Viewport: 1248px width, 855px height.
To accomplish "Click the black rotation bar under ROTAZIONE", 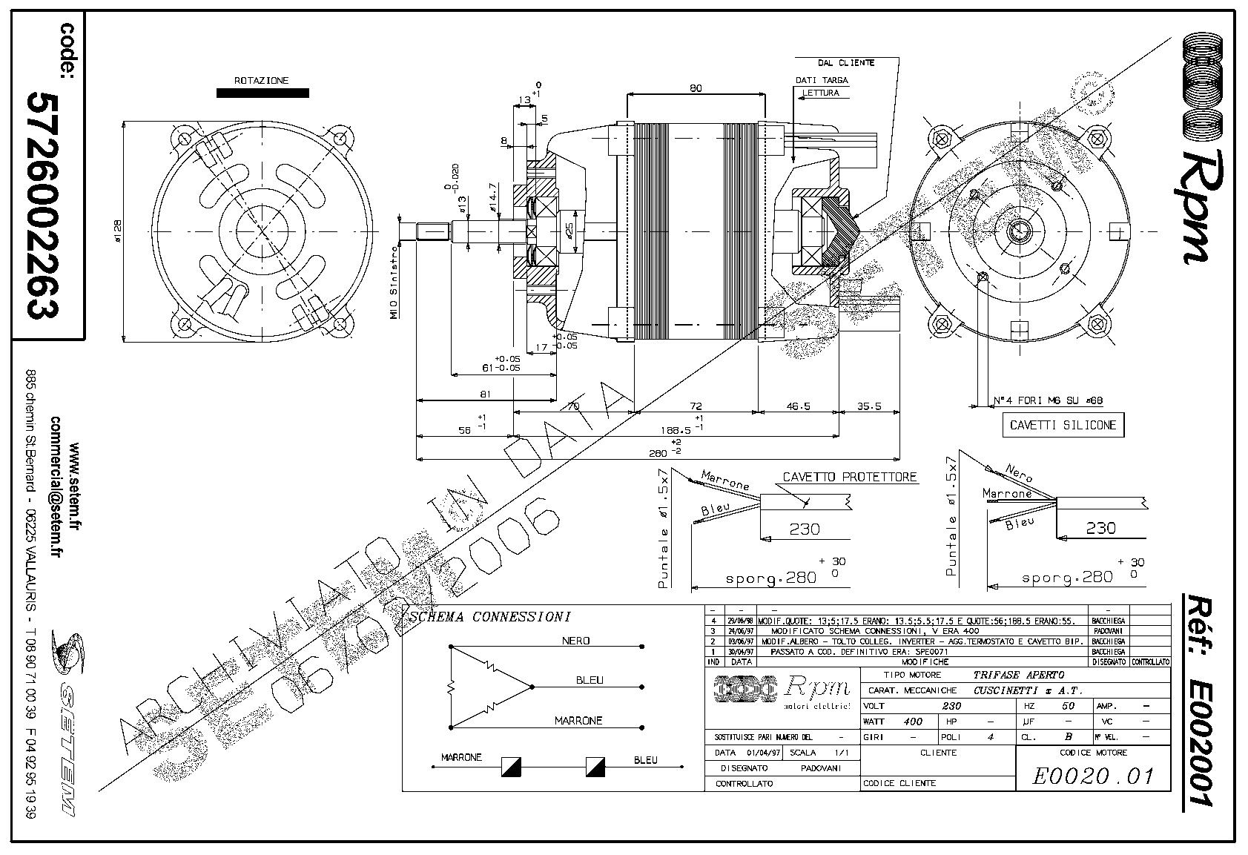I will [263, 93].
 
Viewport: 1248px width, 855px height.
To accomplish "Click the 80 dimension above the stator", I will [695, 88].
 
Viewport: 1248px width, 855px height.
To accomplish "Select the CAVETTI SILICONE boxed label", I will [1063, 426].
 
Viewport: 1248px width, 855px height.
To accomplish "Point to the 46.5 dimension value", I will [798, 406].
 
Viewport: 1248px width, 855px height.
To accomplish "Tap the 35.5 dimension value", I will [868, 406].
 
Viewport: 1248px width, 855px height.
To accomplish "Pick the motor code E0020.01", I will [1093, 776].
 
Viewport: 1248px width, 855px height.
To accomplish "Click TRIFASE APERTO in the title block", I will [1018, 675].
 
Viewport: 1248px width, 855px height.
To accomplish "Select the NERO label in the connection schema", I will [576, 641].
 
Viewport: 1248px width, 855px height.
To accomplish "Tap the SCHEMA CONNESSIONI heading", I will [490, 617].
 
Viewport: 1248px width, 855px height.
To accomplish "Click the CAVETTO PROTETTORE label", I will [850, 478].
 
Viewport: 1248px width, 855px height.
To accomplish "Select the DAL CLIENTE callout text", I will [845, 63].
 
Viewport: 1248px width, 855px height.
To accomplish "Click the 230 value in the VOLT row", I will [951, 706].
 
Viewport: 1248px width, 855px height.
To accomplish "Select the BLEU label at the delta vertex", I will [590, 680].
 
